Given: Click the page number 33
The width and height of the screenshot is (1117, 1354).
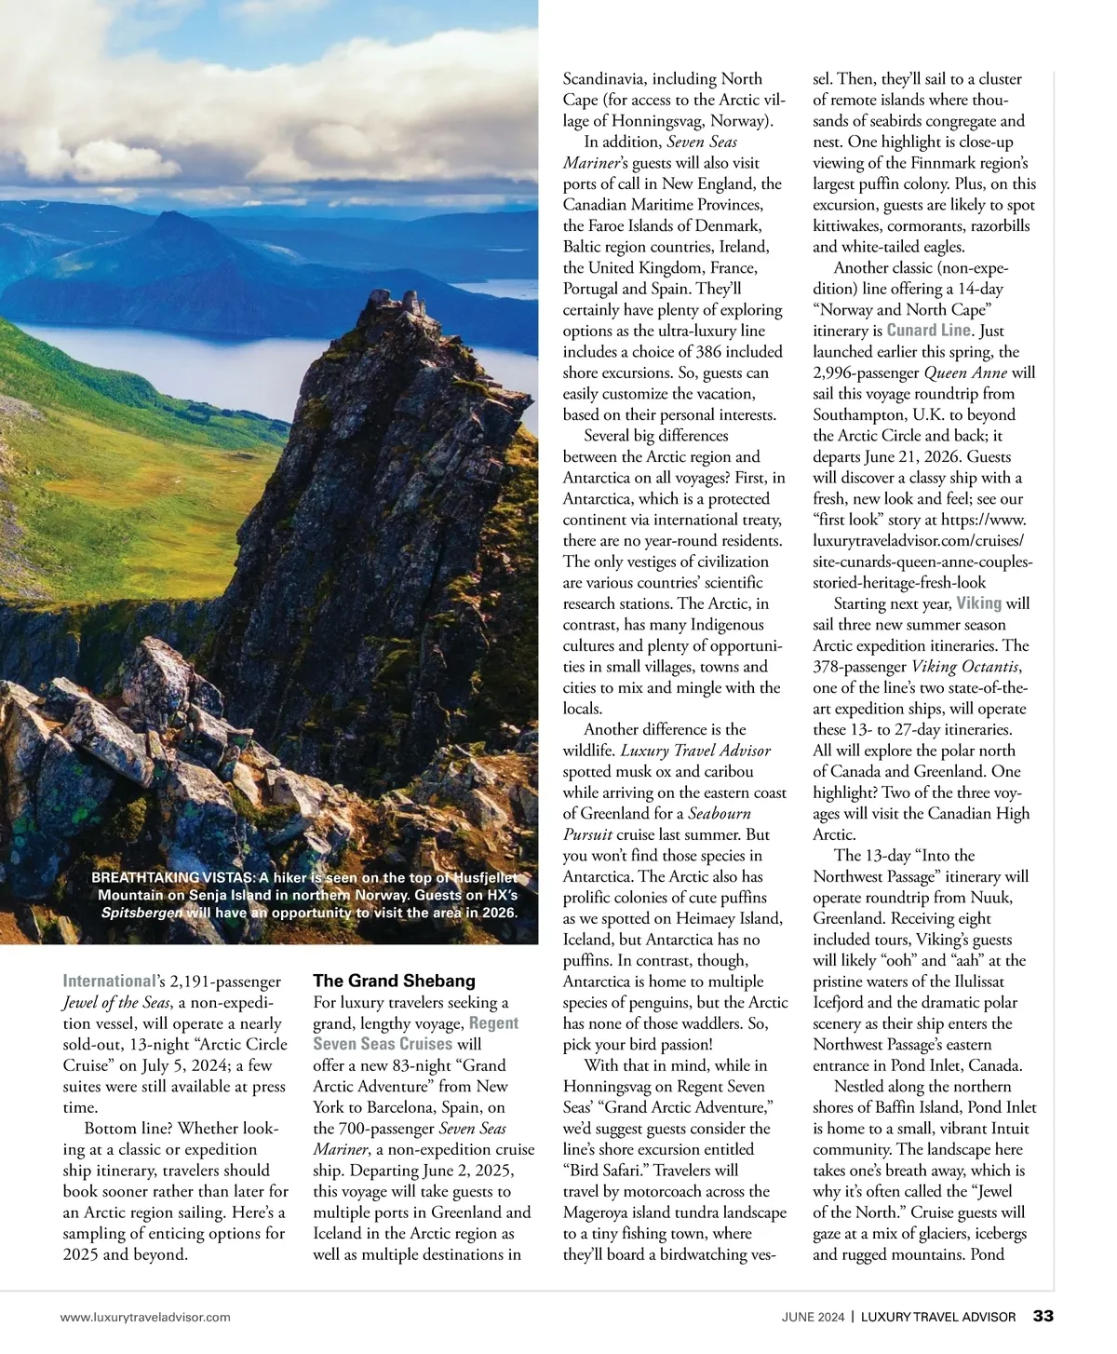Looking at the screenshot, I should [1043, 1316].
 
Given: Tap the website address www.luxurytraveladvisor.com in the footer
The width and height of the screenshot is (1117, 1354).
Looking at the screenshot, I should [145, 1317].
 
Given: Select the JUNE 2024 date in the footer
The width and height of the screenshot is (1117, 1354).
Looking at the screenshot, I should [813, 1317].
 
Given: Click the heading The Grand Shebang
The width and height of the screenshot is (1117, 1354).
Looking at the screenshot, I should [394, 981].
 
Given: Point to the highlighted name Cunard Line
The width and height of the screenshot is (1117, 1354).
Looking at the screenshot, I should [929, 331].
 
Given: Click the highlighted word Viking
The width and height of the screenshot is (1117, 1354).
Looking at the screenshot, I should [978, 603].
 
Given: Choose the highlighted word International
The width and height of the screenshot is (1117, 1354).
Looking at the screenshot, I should [107, 982].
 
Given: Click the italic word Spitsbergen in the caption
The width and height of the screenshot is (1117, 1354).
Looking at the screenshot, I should [141, 913].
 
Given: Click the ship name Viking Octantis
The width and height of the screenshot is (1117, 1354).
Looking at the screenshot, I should [964, 667].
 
